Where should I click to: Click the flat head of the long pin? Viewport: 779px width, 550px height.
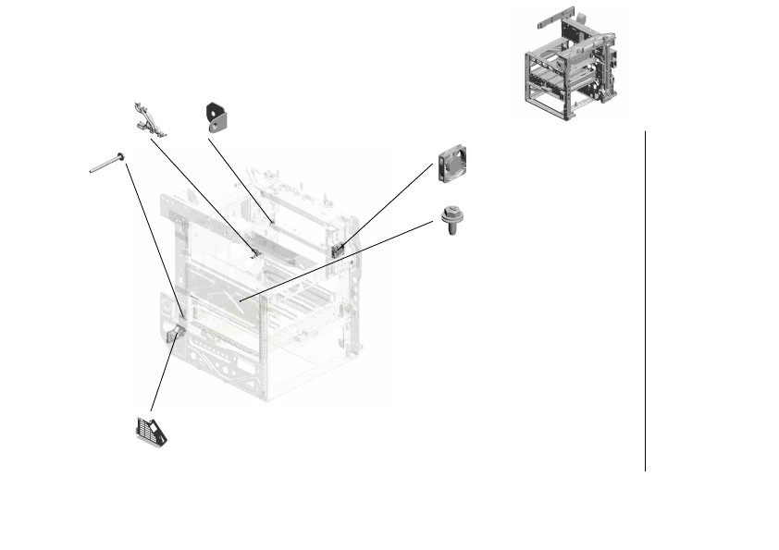coord(120,156)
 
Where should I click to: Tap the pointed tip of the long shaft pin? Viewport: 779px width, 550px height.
coord(92,171)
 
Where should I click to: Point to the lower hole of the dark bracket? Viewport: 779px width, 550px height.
coord(219,120)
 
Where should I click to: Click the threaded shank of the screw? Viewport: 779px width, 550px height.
coord(452,227)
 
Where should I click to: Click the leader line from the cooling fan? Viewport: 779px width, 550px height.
coord(389,203)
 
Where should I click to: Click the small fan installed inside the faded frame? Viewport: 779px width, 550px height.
coord(338,248)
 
